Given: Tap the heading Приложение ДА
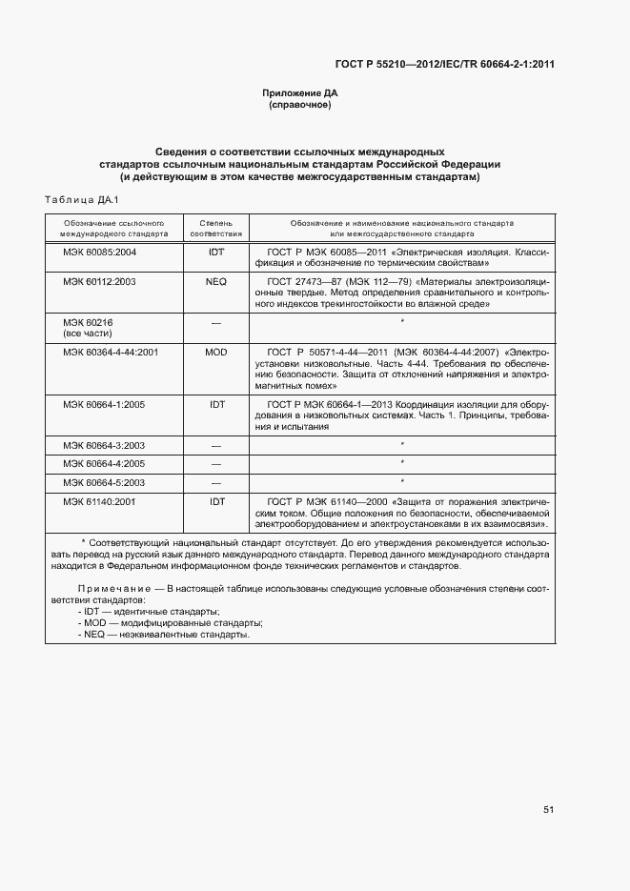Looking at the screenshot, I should pos(300,93).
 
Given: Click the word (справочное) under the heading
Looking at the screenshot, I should pos(300,105).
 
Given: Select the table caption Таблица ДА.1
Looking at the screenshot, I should pos(80,199).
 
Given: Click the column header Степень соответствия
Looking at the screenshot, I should pos(216,227).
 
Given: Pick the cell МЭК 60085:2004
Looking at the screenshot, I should pos(100,252).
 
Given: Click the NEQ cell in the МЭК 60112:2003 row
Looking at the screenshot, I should pos(216,282).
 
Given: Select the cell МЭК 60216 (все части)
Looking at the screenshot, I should pos(88,329).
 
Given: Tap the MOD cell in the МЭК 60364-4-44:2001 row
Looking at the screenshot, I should pos(216,353).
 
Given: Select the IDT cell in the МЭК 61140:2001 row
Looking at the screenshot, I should pos(216,500).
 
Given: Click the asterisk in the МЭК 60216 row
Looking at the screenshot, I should pos(402,322).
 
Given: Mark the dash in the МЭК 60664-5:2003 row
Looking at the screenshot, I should pos(216,482).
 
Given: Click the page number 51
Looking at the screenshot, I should pos(549,809).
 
